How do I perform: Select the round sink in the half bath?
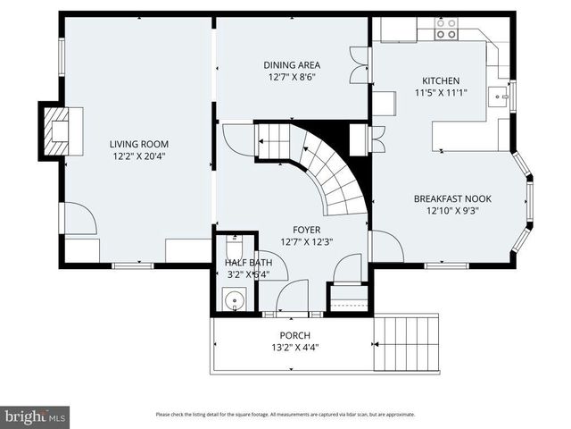pos(235,301)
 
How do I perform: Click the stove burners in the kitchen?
pos(445,29)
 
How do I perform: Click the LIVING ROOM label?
pos(138,144)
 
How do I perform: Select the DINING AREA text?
pos(292,65)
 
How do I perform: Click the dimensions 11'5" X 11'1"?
pos(441,92)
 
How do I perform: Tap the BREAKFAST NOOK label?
pos(452,199)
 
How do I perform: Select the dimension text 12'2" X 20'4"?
pos(138,156)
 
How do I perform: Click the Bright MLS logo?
pos(36,416)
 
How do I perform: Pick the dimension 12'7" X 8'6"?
pos(292,78)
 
